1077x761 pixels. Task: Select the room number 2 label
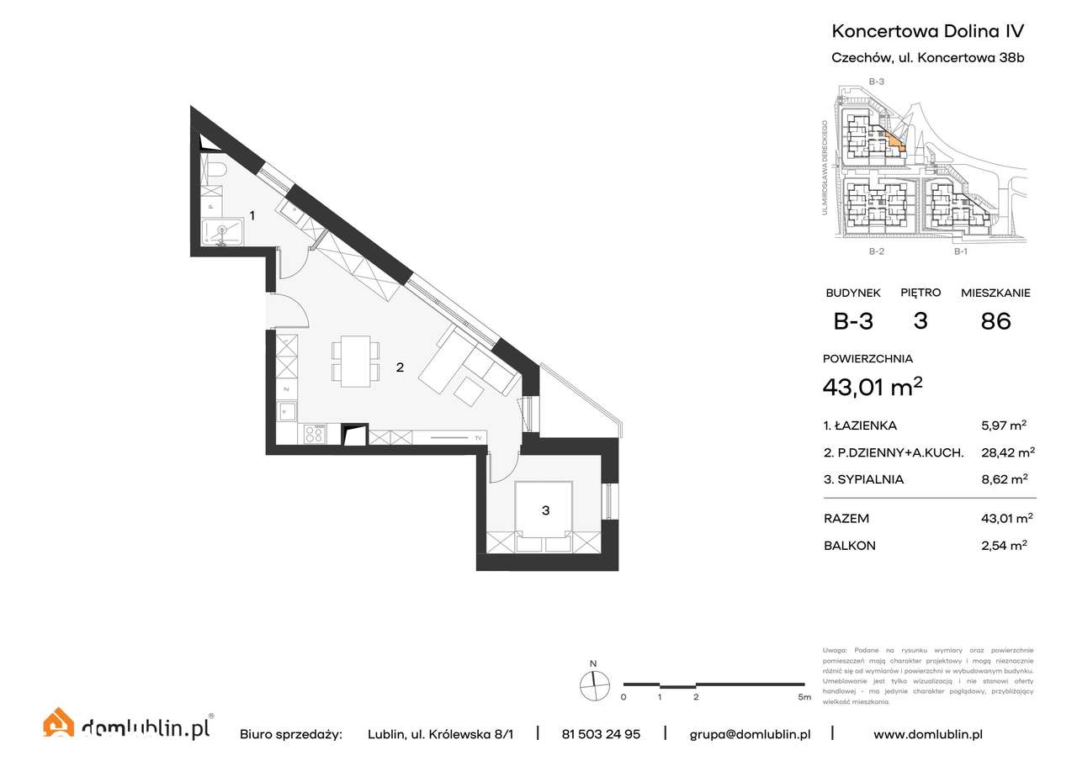point(401,367)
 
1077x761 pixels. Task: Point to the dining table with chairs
point(353,362)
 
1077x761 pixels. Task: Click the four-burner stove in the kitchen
point(315,435)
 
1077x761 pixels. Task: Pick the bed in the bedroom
point(544,514)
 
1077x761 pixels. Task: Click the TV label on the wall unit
point(478,438)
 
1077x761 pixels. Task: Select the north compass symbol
point(594,685)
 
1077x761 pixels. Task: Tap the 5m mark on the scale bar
point(804,697)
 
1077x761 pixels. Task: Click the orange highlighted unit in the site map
point(897,140)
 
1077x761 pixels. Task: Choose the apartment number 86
point(995,320)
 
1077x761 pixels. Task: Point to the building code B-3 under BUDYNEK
point(853,320)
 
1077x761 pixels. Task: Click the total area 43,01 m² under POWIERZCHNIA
point(873,387)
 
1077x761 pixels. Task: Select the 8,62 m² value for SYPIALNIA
point(1008,479)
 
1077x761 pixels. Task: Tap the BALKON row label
point(850,546)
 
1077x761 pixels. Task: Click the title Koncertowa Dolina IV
point(927,32)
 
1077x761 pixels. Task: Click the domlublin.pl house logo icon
point(59,725)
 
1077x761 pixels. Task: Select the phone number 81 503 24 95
point(601,734)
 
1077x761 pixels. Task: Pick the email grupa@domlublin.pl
point(750,734)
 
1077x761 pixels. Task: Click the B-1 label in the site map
point(962,251)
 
